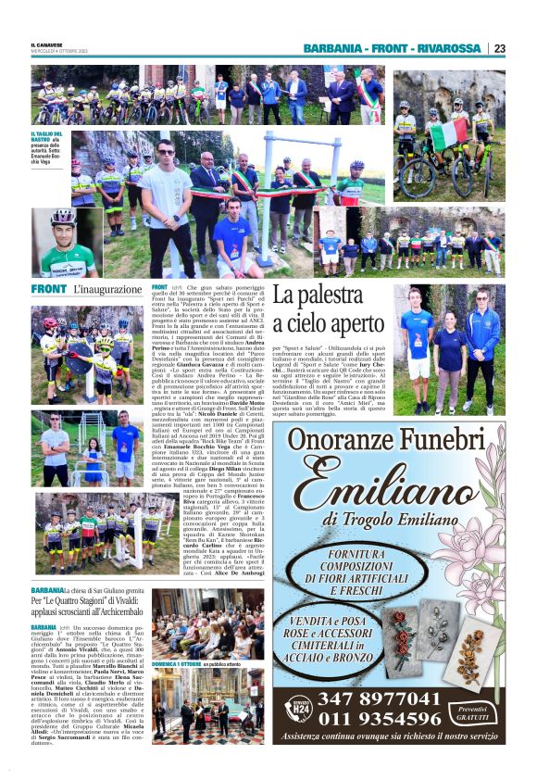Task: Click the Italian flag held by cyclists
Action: click(x=448, y=132)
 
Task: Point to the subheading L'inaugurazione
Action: click(x=106, y=290)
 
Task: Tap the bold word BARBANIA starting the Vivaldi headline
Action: click(x=46, y=590)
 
